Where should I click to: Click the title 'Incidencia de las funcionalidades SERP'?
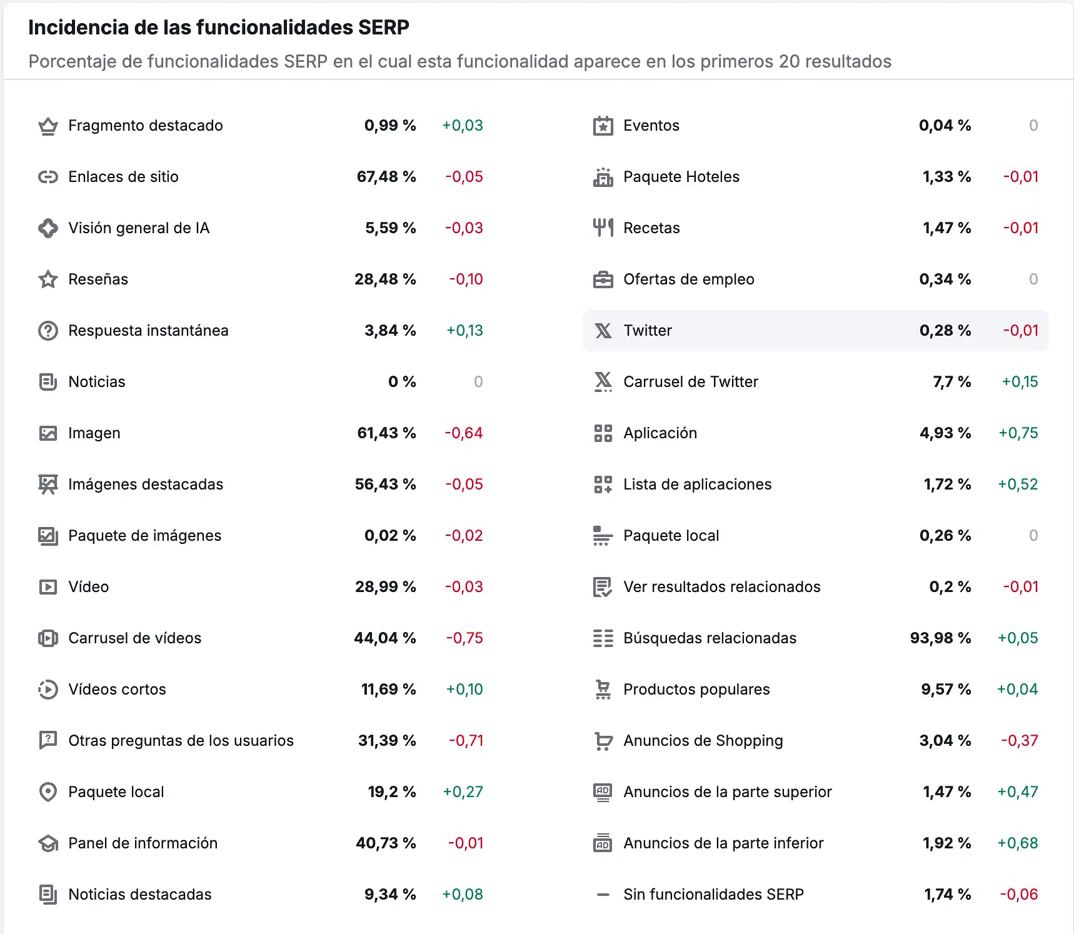[218, 28]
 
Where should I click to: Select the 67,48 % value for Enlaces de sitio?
[386, 177]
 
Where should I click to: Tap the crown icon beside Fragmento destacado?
[48, 126]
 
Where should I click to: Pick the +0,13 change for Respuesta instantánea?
[464, 331]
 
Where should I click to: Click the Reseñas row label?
[98, 279]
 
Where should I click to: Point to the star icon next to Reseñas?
[48, 279]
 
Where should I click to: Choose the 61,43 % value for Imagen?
[386, 433]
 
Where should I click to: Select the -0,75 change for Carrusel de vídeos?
[464, 638]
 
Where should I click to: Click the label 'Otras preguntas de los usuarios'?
[181, 741]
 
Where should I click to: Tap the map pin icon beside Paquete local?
[48, 792]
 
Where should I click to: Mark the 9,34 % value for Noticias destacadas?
[389, 895]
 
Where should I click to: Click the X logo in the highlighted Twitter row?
[603, 331]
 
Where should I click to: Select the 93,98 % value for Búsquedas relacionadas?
[940, 638]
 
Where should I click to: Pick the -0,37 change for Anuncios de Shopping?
[1019, 741]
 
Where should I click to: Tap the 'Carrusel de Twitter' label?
[690, 382]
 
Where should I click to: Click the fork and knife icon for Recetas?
[603, 228]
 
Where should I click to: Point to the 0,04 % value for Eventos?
[945, 126]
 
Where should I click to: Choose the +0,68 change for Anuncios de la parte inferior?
[1017, 843]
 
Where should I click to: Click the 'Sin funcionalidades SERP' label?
[713, 895]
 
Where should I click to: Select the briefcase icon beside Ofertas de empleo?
[603, 279]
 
